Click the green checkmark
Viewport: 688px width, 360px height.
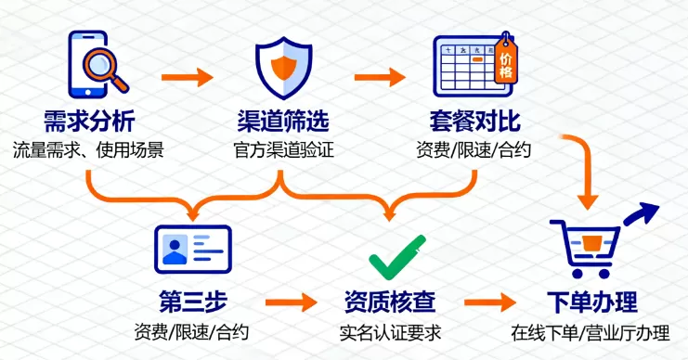pyautogui.click(x=397, y=258)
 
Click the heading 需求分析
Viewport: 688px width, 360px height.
pyautogui.click(x=89, y=122)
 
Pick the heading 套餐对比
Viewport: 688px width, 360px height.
pyautogui.click(x=474, y=122)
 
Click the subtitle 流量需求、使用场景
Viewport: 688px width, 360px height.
pyautogui.click(x=89, y=148)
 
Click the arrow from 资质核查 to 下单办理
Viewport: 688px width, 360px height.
pyautogui.click(x=490, y=302)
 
